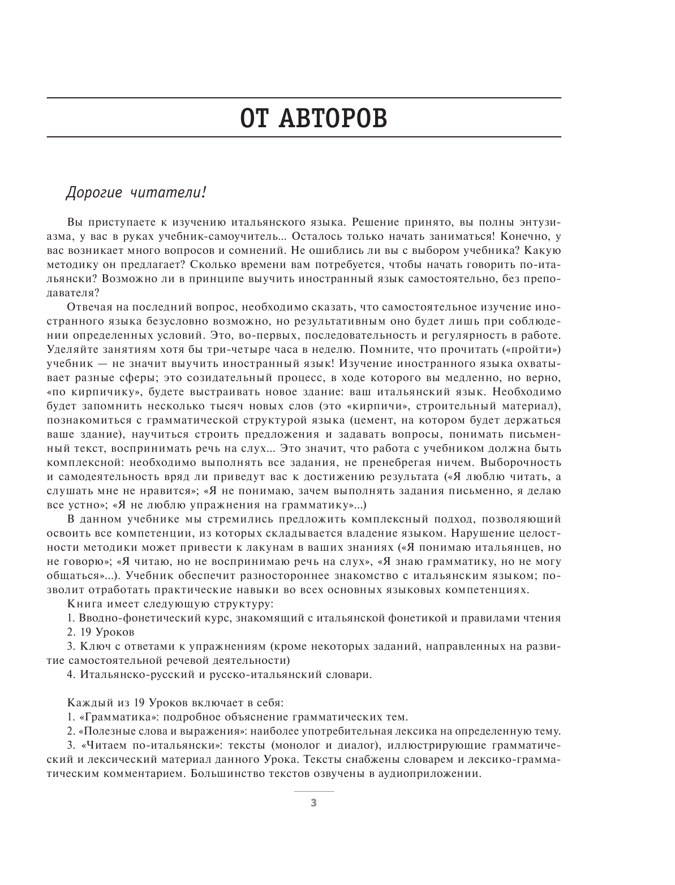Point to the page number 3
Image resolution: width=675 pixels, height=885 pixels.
314,804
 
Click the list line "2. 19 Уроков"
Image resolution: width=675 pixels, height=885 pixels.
100,632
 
